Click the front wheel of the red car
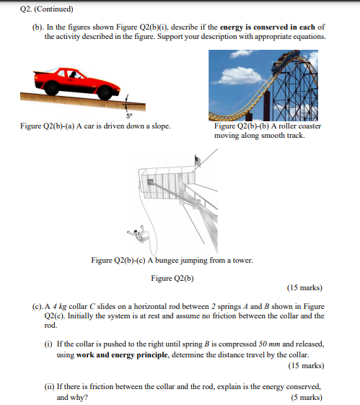105,92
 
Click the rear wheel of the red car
52,88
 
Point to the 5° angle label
129,116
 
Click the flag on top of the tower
198,161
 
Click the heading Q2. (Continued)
47,9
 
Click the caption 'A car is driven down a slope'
123,126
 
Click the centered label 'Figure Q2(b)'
172,278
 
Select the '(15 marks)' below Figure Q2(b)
304,288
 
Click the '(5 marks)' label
307,397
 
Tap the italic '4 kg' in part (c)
60,307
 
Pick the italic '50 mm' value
269,344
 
